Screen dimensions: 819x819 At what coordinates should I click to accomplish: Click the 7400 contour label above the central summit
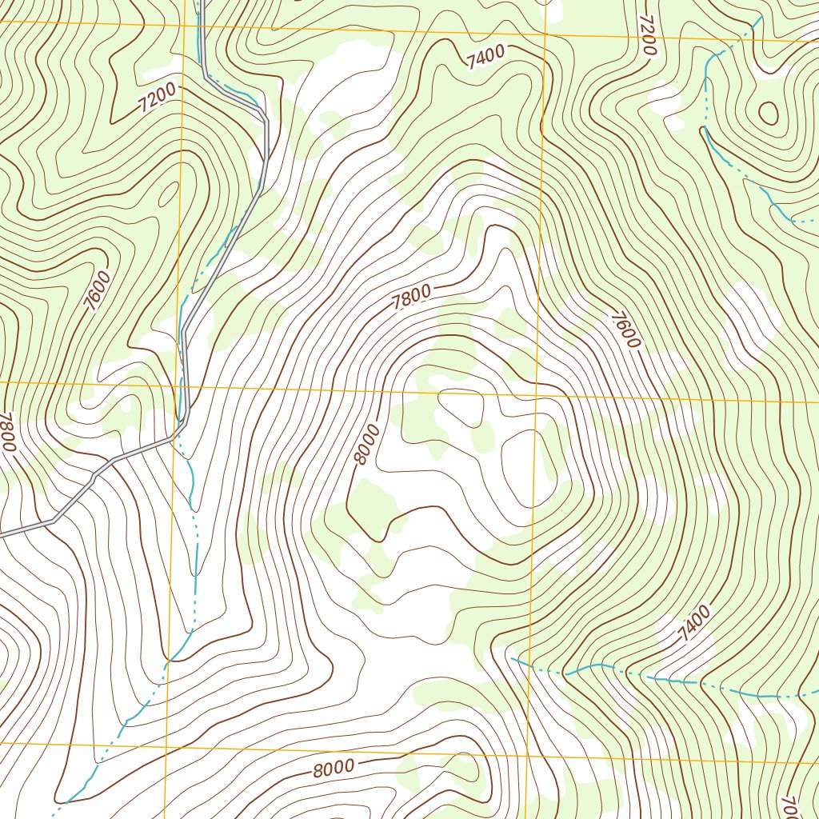[x=485, y=57]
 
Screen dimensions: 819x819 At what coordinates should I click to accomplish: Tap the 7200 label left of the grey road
[x=156, y=98]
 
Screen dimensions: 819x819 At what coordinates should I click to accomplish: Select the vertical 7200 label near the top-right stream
[x=647, y=34]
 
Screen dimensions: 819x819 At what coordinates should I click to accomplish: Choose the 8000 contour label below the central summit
[x=333, y=769]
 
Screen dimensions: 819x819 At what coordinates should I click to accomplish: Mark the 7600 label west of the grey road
[x=99, y=290]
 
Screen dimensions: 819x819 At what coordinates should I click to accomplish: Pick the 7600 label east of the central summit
[x=625, y=329]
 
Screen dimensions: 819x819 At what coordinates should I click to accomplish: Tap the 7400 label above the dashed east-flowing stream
[x=693, y=624]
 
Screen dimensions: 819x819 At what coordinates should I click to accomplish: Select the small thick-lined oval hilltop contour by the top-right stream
[x=768, y=113]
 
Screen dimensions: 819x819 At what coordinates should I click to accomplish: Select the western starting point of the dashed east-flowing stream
[x=511, y=658]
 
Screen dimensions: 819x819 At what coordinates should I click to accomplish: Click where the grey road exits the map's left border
[x=2, y=533]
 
